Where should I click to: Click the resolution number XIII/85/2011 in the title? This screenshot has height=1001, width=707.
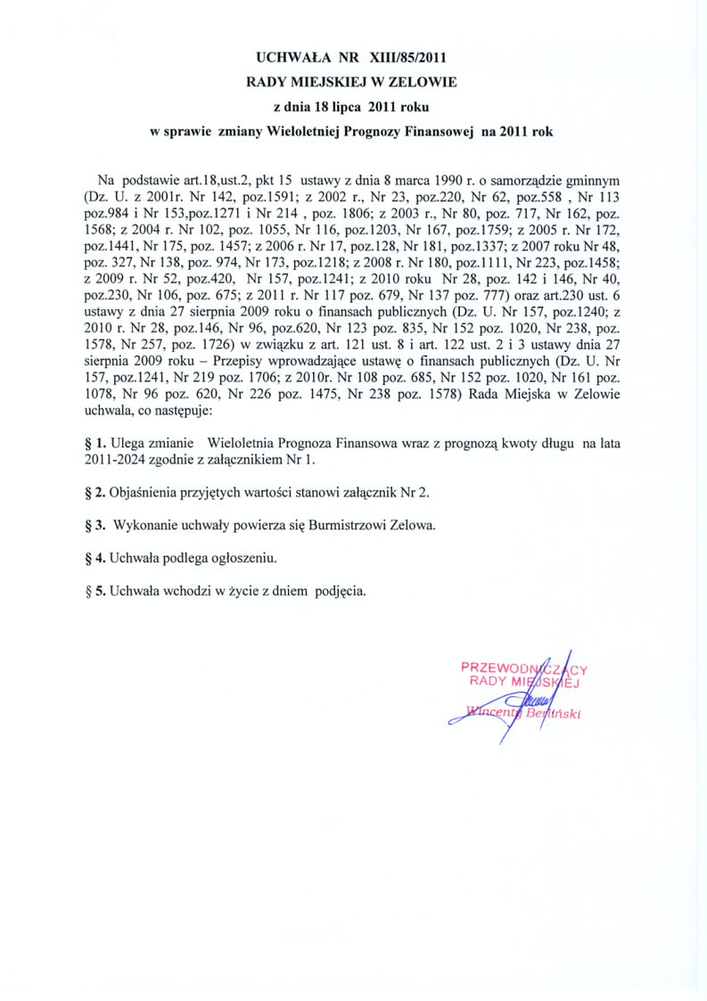click(x=400, y=59)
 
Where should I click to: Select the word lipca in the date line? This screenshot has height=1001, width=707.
click(x=350, y=107)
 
